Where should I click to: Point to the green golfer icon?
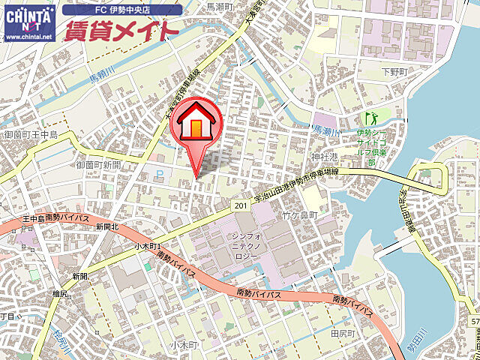tap(370, 118)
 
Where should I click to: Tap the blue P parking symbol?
tap(158, 174)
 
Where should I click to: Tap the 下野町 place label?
tap(392, 73)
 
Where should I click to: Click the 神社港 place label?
tap(324, 158)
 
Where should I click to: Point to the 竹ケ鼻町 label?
tap(300, 215)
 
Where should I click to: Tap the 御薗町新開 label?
tap(97, 164)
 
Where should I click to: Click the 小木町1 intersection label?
tap(148, 246)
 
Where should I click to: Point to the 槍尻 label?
tap(61, 293)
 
